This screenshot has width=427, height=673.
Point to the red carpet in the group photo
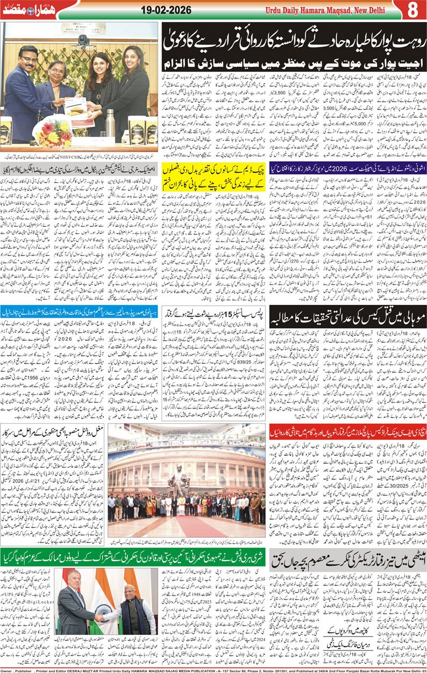[185, 524]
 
